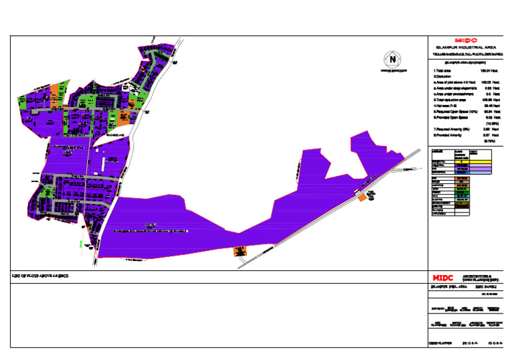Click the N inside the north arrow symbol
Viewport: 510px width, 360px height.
tap(394, 59)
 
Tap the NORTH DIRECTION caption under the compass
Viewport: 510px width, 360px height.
tap(392, 70)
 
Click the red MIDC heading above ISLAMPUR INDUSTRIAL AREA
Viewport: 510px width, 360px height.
tap(462, 40)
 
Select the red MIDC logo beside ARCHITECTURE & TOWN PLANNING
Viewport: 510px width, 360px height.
tap(442, 278)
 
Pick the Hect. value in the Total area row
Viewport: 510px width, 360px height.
tap(485, 70)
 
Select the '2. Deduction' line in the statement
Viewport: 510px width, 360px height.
tap(443, 76)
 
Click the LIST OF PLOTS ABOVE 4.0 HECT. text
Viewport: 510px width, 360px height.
tap(41, 274)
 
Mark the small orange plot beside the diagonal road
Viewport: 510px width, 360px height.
tap(362, 197)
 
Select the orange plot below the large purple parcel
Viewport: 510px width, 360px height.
tap(237, 251)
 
